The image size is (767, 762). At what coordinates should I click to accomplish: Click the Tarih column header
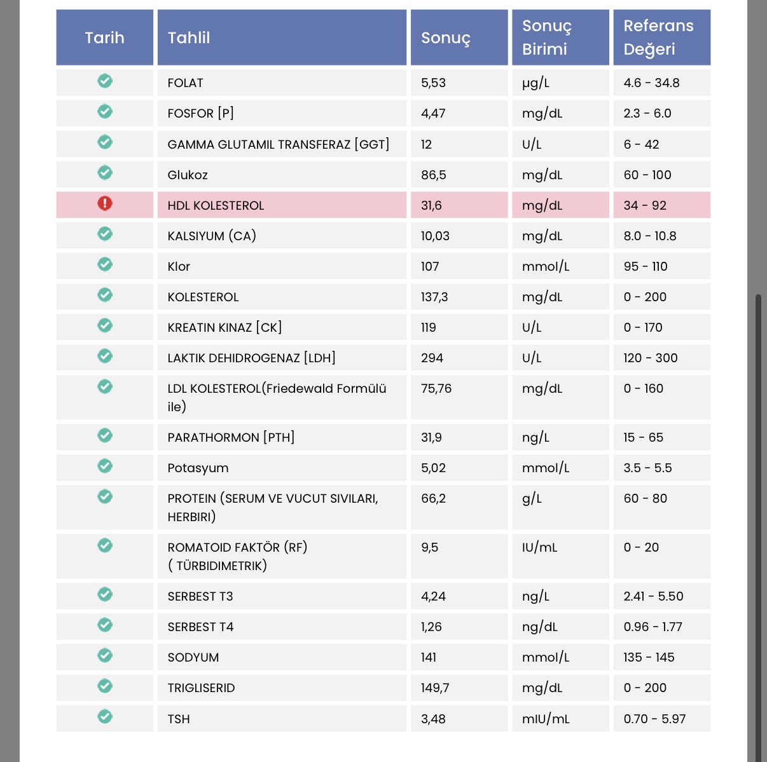coord(104,37)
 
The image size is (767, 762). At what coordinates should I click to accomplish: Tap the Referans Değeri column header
coord(658,37)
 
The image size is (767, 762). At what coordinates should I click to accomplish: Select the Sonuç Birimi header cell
coord(546,37)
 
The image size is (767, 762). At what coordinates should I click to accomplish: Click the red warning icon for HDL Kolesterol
coord(105,203)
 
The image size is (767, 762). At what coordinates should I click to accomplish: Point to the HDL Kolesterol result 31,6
coord(431,205)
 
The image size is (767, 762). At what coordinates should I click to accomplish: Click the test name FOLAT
coord(185,83)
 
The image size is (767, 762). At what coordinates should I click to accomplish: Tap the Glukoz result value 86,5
coord(434,175)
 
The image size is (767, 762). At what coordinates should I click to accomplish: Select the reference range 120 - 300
coord(651,358)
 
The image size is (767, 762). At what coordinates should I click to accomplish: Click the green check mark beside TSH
coord(105,716)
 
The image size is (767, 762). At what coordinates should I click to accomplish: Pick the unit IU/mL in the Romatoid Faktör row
coord(539,548)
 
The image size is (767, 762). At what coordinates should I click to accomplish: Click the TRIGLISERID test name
coord(201,688)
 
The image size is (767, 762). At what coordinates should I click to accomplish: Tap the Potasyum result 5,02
coord(433,468)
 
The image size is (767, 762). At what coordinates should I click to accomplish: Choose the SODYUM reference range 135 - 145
coord(649,657)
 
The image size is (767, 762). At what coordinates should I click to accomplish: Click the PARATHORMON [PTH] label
coord(231,437)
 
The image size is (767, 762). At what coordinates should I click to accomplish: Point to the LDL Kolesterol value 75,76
coord(436,388)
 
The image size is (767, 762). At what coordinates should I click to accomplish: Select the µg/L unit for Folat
coord(536,83)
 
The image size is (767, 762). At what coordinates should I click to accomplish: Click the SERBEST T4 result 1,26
coord(431,627)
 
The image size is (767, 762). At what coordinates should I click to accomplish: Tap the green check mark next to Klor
coord(105,264)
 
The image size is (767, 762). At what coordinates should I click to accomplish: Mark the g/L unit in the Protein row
coord(532,499)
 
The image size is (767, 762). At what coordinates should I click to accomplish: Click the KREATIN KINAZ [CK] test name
coord(225,327)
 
